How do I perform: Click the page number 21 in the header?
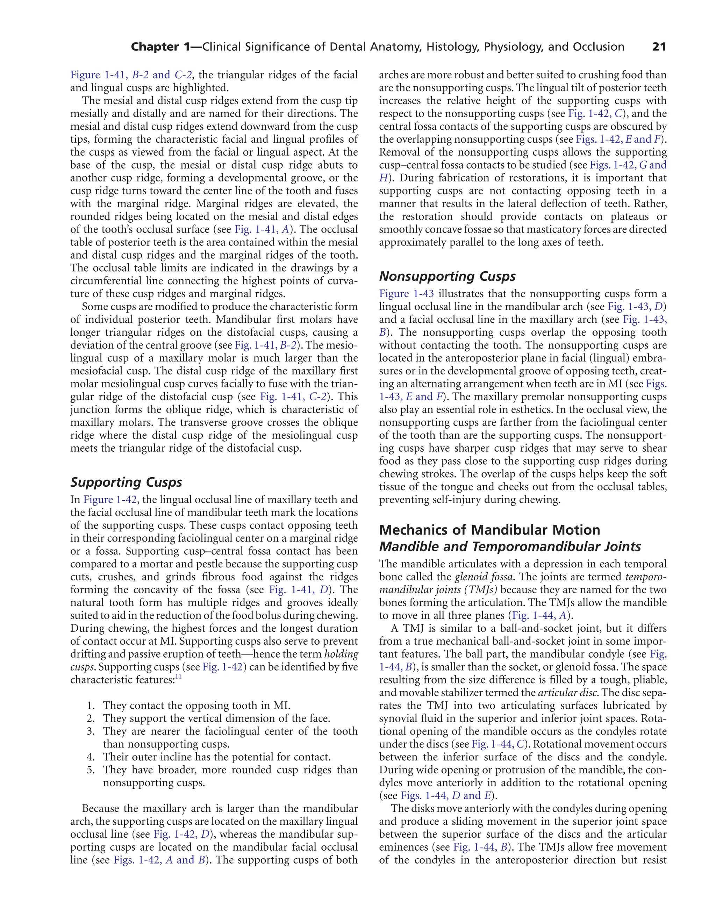tap(659, 47)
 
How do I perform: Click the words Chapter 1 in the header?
tap(162, 47)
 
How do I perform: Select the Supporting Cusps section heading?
tap(126, 482)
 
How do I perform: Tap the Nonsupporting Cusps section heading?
tap(447, 277)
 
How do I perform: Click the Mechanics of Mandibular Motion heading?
tap(489, 530)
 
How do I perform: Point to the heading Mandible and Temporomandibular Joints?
tap(510, 547)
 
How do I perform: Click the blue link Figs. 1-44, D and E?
tap(446, 796)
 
